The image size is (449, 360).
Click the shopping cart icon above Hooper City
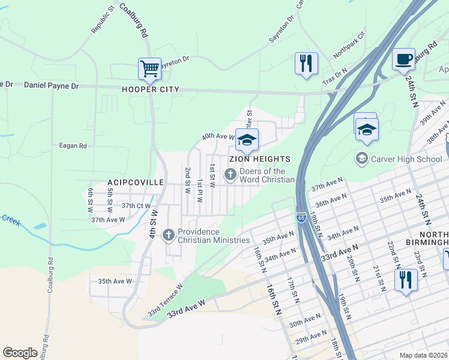149,68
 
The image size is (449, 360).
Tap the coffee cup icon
403,59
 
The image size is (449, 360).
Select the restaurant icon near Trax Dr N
306,63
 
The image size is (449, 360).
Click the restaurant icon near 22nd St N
406,280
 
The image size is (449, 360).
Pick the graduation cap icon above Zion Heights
246,140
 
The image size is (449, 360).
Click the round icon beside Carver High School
361,159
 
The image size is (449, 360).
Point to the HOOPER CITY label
151,89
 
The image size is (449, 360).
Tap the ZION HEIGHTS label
259,159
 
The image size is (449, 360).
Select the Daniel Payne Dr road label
51,86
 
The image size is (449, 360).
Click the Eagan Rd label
73,145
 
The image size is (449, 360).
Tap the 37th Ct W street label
136,205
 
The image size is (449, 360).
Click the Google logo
20,352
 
